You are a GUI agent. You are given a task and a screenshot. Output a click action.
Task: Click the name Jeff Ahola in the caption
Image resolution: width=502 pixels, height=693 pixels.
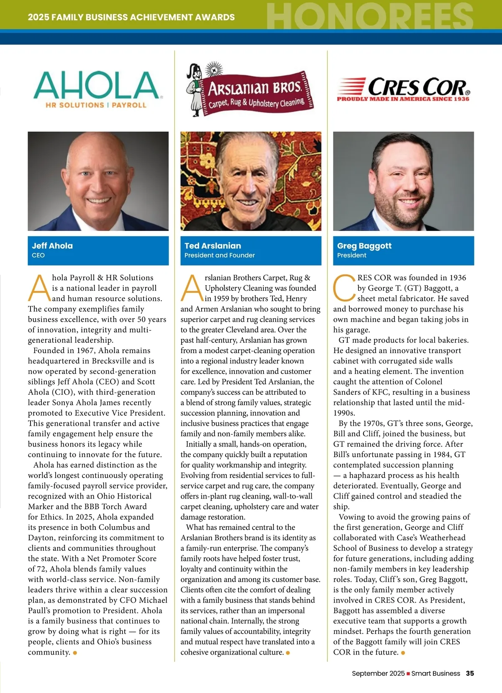[52, 246]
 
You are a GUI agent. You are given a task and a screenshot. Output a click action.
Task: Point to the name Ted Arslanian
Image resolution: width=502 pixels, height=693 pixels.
[213, 246]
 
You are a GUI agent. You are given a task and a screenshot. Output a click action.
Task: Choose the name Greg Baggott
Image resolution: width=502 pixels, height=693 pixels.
[364, 246]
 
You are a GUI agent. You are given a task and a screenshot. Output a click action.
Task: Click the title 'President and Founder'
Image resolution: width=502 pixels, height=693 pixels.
[220, 256]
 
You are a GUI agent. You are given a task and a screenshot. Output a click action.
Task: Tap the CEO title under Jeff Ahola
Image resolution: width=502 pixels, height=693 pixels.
[38, 256]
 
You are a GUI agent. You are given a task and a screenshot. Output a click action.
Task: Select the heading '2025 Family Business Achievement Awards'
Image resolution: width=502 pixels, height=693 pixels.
[131, 18]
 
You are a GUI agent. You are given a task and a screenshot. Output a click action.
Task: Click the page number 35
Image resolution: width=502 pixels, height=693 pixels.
[470, 673]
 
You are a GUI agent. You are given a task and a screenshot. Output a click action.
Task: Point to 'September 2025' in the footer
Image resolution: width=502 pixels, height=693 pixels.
[378, 673]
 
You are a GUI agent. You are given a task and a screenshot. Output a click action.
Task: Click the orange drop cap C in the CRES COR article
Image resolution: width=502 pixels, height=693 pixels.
[343, 288]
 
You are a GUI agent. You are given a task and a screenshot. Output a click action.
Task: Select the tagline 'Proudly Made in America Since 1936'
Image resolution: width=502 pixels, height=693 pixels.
[403, 99]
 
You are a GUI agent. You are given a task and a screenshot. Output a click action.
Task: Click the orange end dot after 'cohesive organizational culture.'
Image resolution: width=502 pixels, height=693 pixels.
[288, 653]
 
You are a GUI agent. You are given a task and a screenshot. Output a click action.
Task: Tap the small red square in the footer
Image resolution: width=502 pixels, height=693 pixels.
[408, 674]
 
